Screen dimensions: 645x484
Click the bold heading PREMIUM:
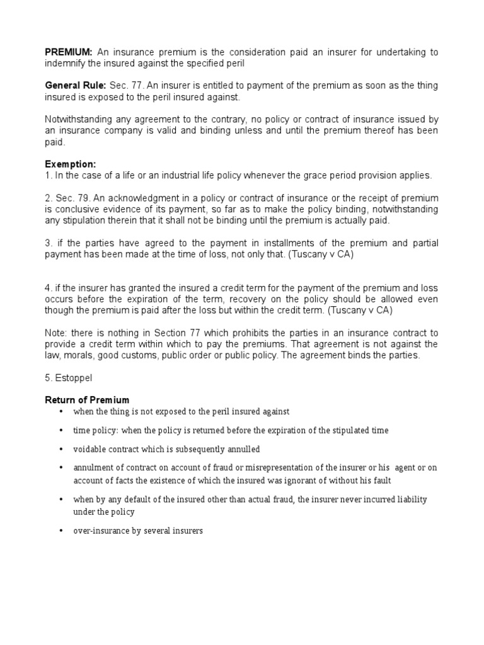69,52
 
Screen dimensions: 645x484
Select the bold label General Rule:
76,86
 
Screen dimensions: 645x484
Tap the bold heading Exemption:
70,164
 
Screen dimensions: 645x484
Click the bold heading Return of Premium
88,399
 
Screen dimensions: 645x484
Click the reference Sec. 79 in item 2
69,198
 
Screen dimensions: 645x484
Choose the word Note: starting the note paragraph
57,333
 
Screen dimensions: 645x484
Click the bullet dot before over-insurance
60,531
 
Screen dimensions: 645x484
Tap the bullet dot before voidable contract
60,449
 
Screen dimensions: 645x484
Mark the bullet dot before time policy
60,430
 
